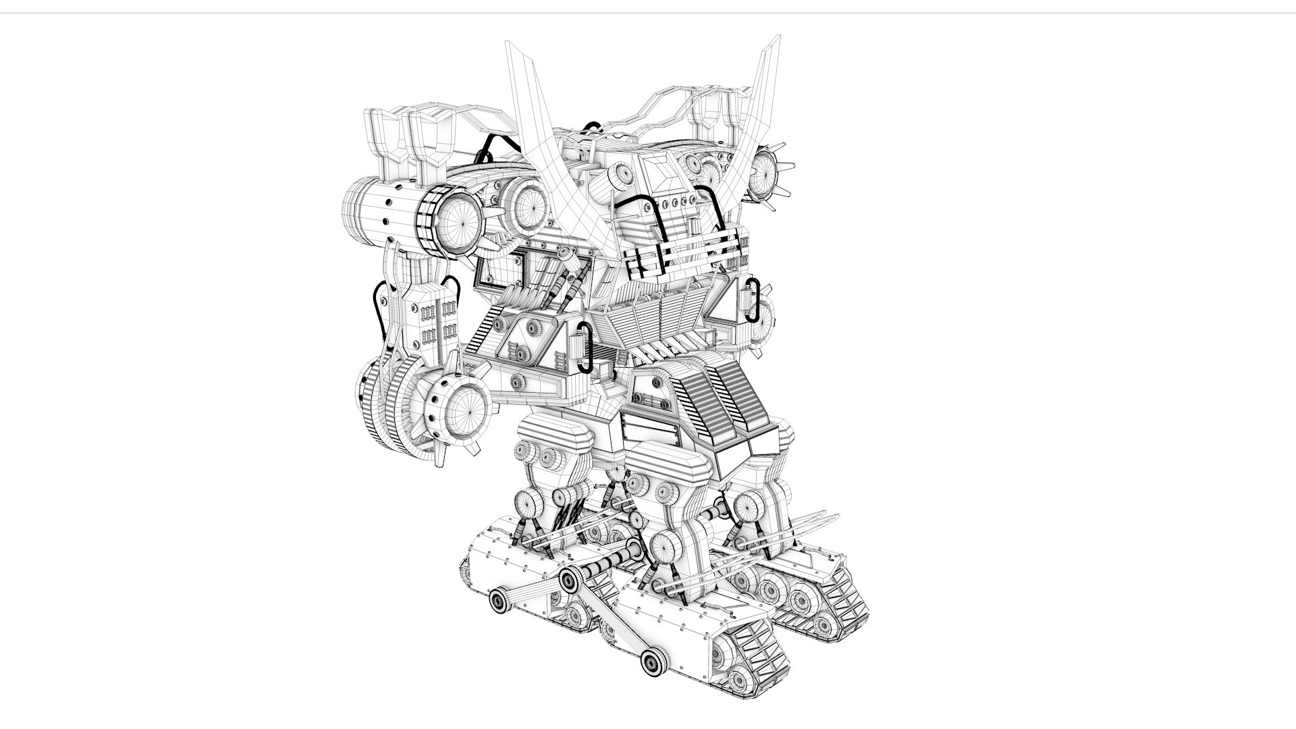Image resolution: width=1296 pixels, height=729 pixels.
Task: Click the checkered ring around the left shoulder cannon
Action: point(427,220)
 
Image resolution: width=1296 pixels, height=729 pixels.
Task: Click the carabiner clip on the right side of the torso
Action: point(753,301)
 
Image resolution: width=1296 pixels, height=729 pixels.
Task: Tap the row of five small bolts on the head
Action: point(675,201)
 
